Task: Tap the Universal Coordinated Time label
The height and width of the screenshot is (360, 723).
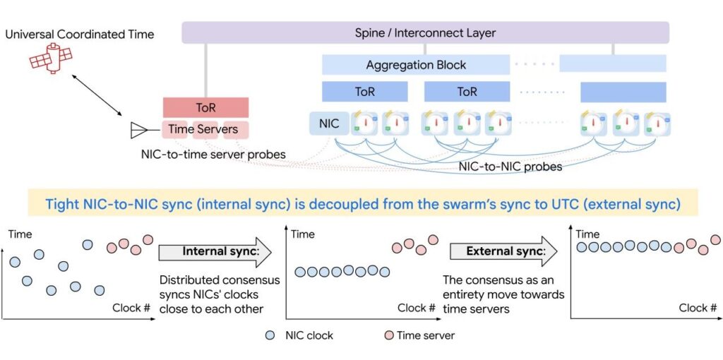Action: click(79, 33)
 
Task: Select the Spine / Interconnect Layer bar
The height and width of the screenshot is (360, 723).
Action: click(425, 32)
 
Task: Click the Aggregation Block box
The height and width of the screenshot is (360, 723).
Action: click(416, 65)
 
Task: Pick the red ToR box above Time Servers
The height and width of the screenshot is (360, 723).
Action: click(205, 108)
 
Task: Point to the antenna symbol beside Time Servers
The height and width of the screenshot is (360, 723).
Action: click(140, 130)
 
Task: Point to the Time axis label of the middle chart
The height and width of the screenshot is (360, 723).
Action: click(303, 234)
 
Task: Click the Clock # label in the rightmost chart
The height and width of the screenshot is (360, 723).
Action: click(698, 308)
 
